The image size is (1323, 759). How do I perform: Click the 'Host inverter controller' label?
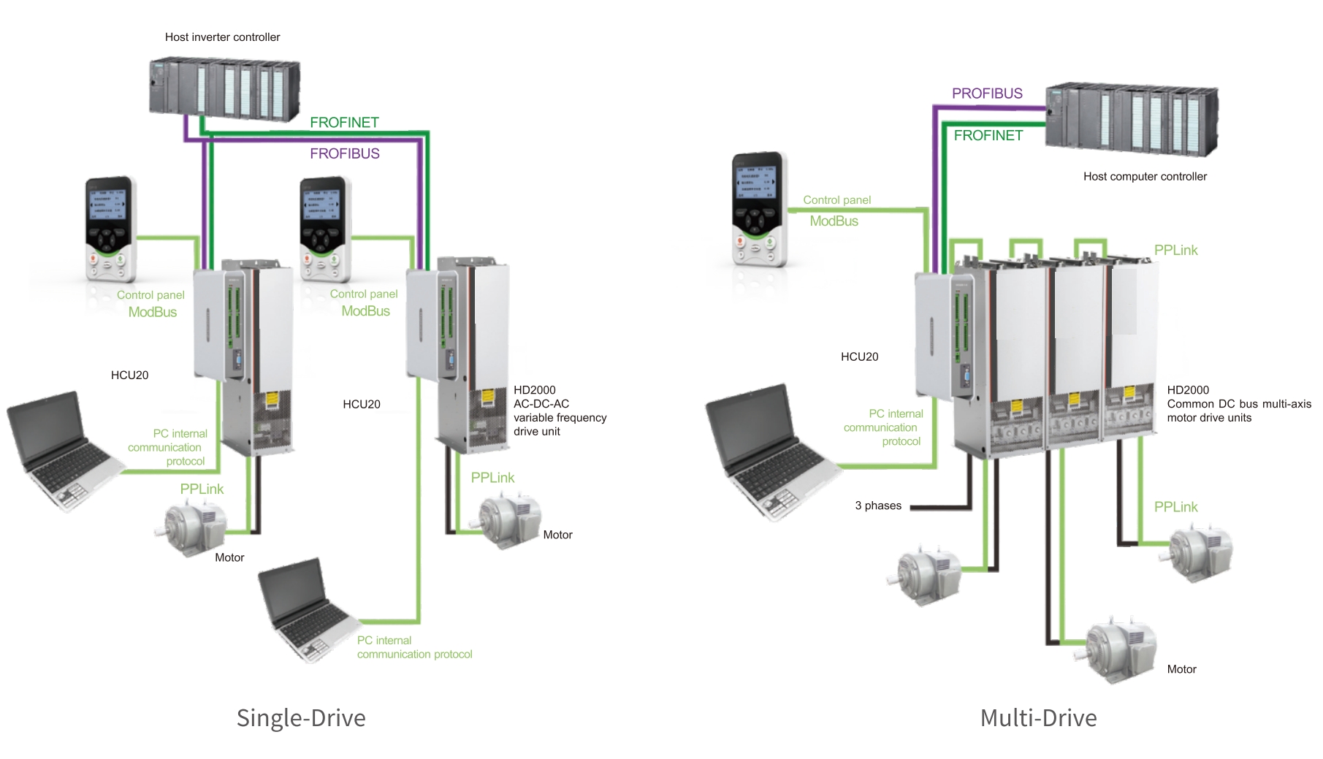coord(222,37)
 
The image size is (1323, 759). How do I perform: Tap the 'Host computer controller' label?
coord(1145,177)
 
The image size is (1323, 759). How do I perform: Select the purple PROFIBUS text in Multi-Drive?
coord(987,94)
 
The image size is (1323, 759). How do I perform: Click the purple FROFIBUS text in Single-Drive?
coord(345,153)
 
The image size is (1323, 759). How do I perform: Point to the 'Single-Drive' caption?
coord(301,718)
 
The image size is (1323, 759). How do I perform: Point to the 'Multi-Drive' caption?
coord(1038,718)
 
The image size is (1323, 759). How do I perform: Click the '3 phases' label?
coord(878,506)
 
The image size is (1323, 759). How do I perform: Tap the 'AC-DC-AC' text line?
coord(541,404)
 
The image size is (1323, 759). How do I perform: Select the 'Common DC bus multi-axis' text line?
coord(1239,404)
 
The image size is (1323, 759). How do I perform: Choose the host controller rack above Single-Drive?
coord(225,89)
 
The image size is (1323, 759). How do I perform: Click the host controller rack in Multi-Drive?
coord(1132,119)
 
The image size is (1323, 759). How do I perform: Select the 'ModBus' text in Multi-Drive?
coord(834,221)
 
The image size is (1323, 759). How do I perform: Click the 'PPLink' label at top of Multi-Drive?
coord(1175,251)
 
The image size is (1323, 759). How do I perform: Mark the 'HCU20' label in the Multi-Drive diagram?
coord(859,357)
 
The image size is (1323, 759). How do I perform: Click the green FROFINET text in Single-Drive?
coord(344,123)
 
